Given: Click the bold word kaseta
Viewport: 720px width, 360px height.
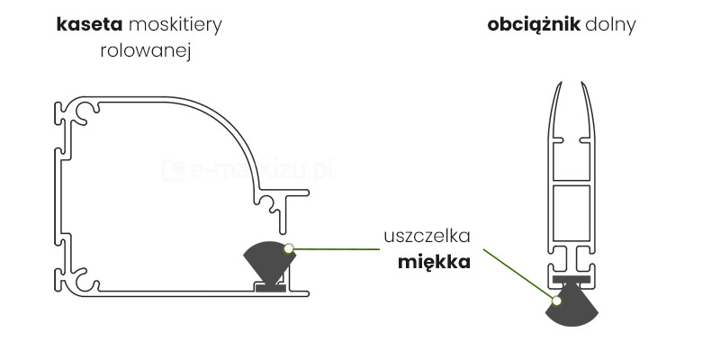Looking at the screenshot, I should coord(87,24).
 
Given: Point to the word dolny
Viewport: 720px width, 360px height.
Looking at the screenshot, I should coord(610,24).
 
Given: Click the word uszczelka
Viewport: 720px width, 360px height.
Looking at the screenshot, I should coord(427,237).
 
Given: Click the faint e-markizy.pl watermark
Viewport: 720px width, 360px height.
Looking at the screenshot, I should coord(243,169).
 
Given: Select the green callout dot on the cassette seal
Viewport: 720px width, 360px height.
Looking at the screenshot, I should coord(288,247).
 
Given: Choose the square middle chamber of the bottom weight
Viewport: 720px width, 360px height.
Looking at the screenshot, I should coord(570,214).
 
